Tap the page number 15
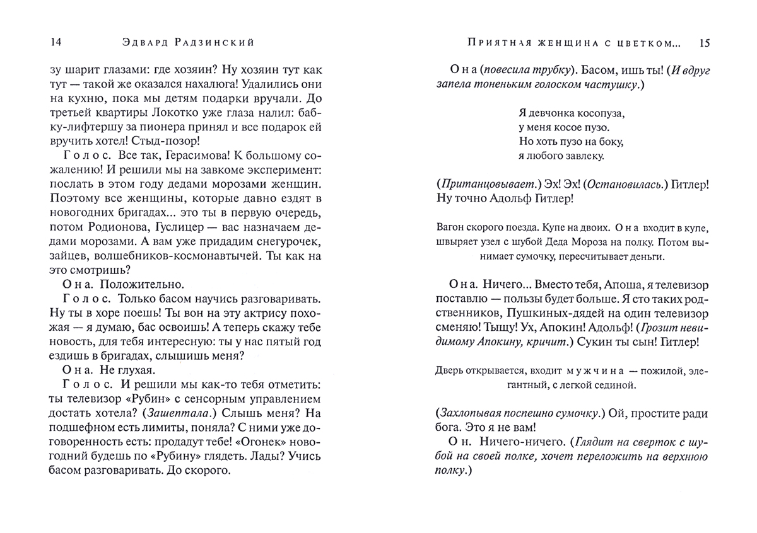point(705,43)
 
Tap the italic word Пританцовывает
point(486,185)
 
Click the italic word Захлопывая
point(467,414)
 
